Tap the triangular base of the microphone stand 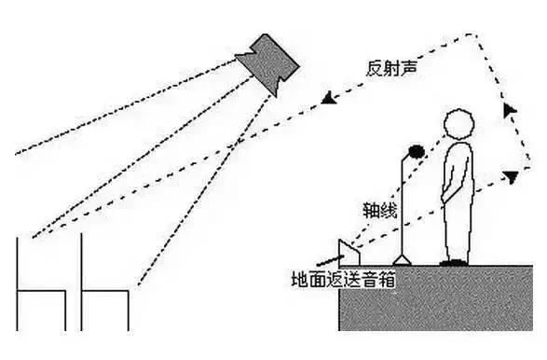pyautogui.click(x=403, y=258)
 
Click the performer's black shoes pyautogui.click(x=454, y=263)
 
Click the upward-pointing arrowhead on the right pyautogui.click(x=509, y=110)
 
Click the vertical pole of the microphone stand pyautogui.click(x=403, y=205)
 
